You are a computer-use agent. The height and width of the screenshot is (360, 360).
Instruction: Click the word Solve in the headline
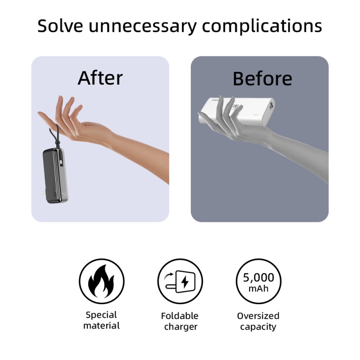(60, 26)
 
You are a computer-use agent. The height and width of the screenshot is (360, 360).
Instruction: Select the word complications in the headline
(262, 26)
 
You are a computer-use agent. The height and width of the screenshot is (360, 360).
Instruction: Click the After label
(100, 78)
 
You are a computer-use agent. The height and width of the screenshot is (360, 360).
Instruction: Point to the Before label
(262, 79)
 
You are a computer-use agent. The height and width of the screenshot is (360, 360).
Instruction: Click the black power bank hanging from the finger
(55, 175)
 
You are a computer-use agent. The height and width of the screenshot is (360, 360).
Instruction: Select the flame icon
(101, 281)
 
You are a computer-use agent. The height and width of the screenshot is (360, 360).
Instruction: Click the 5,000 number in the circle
(258, 277)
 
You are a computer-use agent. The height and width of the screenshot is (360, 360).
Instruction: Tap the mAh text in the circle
(258, 288)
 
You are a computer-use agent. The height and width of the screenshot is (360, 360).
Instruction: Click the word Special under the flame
(101, 315)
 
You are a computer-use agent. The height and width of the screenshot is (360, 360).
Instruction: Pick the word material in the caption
(102, 325)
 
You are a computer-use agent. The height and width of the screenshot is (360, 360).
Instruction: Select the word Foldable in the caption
(180, 316)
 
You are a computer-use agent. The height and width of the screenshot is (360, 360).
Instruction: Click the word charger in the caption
(181, 327)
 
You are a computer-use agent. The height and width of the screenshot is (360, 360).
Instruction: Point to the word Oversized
(258, 316)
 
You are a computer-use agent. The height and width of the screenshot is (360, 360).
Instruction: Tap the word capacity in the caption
(258, 327)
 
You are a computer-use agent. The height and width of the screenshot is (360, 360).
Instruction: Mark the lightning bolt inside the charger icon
(185, 282)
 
